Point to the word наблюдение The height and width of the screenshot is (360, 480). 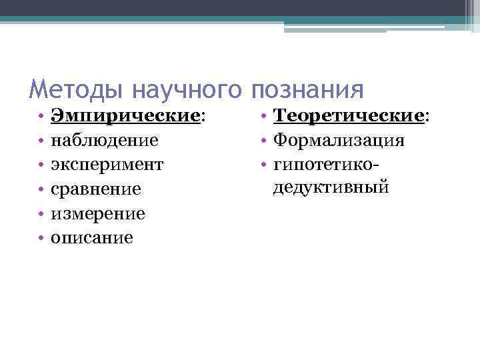tap(105, 140)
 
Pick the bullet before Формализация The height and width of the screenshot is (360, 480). tap(264, 141)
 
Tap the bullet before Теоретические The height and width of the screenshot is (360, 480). tap(264, 117)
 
